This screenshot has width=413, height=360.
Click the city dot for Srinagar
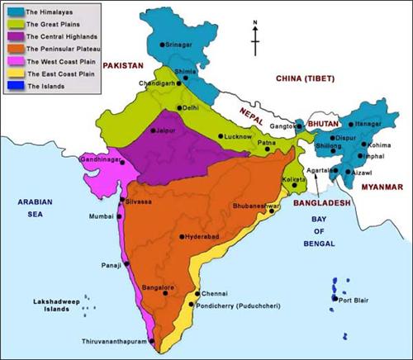point(160,41)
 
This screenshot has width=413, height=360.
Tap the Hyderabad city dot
point(182,236)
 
